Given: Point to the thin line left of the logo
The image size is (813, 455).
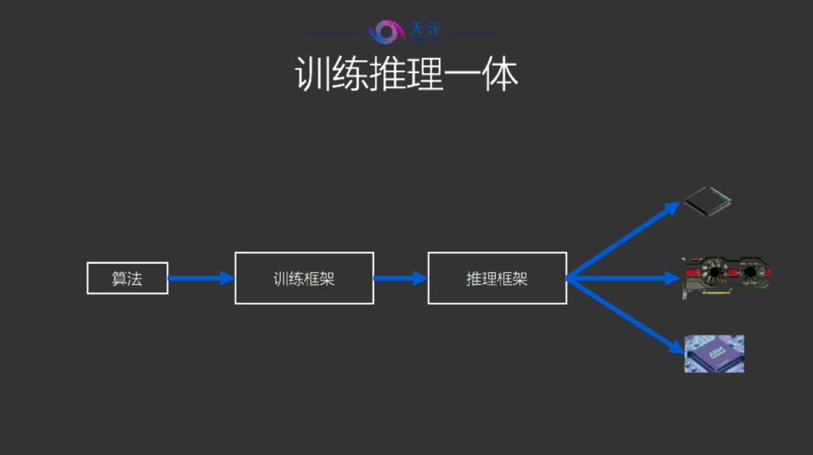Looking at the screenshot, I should [332, 33].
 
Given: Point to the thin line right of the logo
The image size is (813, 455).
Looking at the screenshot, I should [474, 33].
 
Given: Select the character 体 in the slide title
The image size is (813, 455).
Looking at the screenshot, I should [500, 75].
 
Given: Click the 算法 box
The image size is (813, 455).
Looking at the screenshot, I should [127, 278].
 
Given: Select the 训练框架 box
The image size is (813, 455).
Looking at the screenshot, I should [304, 278].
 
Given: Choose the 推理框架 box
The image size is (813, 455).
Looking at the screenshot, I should [497, 278].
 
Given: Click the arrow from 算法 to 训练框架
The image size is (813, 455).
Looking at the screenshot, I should [199, 278].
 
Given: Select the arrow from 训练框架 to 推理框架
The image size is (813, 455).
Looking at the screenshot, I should [400, 278].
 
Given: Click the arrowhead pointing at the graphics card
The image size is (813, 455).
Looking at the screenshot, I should [671, 278].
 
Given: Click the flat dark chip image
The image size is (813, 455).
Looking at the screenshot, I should [706, 199].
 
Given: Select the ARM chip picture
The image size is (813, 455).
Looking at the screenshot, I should [714, 353].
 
